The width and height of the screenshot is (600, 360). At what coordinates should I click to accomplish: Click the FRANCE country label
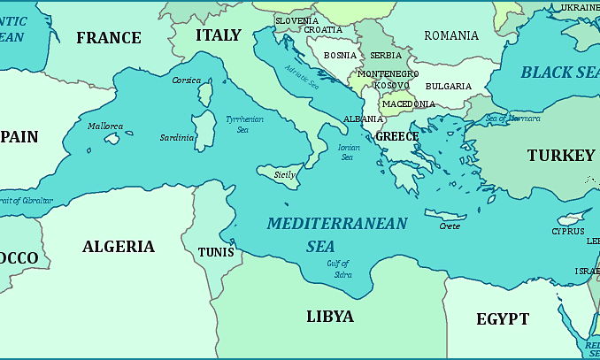108,37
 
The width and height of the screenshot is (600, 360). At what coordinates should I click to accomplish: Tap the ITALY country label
218,35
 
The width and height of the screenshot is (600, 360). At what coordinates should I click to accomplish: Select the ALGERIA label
119,247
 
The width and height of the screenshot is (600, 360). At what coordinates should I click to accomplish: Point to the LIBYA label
330,316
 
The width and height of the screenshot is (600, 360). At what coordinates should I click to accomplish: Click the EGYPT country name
502,319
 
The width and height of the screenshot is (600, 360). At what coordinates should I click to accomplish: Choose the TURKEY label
561,156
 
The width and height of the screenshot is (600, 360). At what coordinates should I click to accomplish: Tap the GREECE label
396,136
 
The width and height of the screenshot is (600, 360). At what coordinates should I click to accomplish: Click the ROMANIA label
451,35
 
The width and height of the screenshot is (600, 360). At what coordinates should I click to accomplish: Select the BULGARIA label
448,86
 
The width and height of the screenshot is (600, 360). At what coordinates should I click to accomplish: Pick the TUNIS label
216,252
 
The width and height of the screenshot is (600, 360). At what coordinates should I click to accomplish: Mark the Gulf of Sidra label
338,268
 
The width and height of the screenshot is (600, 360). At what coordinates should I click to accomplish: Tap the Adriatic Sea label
302,79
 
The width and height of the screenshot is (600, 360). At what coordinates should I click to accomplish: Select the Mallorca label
105,126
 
